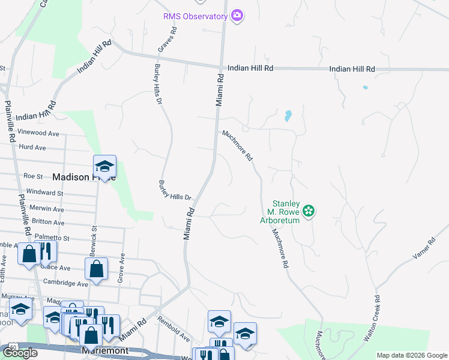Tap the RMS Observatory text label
click(x=196, y=16)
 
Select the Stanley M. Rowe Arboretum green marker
click(x=309, y=211)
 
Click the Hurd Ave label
click(x=32, y=147)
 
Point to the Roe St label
click(x=33, y=176)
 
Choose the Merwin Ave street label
click(x=47, y=209)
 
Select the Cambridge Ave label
click(x=66, y=283)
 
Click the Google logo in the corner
click(x=20, y=353)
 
